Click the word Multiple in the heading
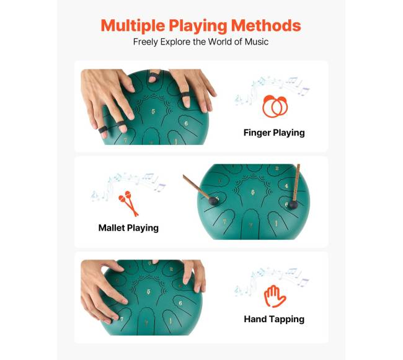tap(133, 26)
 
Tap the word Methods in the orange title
tap(266, 25)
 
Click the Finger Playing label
tap(274, 133)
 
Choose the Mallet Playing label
tap(128, 228)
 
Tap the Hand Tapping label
tap(274, 320)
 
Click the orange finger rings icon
tap(275, 107)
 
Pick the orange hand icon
tap(275, 296)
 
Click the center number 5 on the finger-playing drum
tap(153, 112)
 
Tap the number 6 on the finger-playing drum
tap(186, 123)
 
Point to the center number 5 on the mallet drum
tap(252, 192)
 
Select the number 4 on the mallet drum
tap(286, 186)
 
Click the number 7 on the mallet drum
tap(224, 222)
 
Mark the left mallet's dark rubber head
tap(213, 201)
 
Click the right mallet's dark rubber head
tap(293, 205)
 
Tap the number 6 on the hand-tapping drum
tap(180, 303)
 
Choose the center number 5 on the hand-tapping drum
tap(149, 292)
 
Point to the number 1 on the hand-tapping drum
tap(170, 321)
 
